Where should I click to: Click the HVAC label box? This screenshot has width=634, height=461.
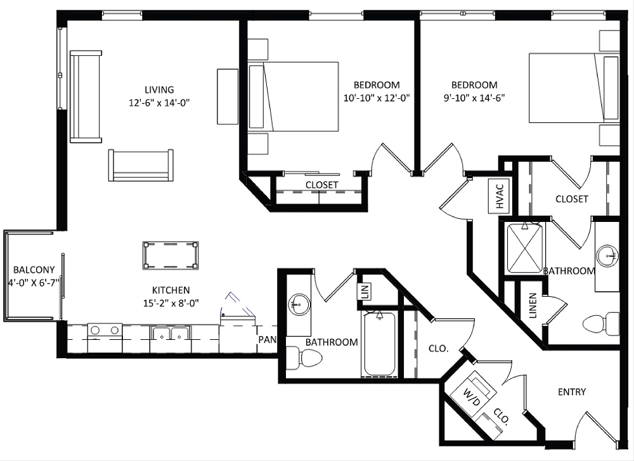click(x=499, y=196)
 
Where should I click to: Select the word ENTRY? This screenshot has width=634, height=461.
click(x=571, y=392)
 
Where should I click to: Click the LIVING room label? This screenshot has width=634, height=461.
click(x=159, y=89)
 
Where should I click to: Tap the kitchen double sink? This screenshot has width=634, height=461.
click(x=170, y=332)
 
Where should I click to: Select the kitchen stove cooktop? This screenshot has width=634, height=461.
click(x=105, y=330)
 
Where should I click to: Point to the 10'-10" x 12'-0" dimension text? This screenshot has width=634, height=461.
click(x=377, y=98)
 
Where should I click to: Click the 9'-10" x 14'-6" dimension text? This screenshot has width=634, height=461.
click(x=474, y=98)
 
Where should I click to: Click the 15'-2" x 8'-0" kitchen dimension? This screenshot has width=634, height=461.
click(x=171, y=302)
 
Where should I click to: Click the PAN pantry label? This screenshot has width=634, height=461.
click(x=266, y=339)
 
